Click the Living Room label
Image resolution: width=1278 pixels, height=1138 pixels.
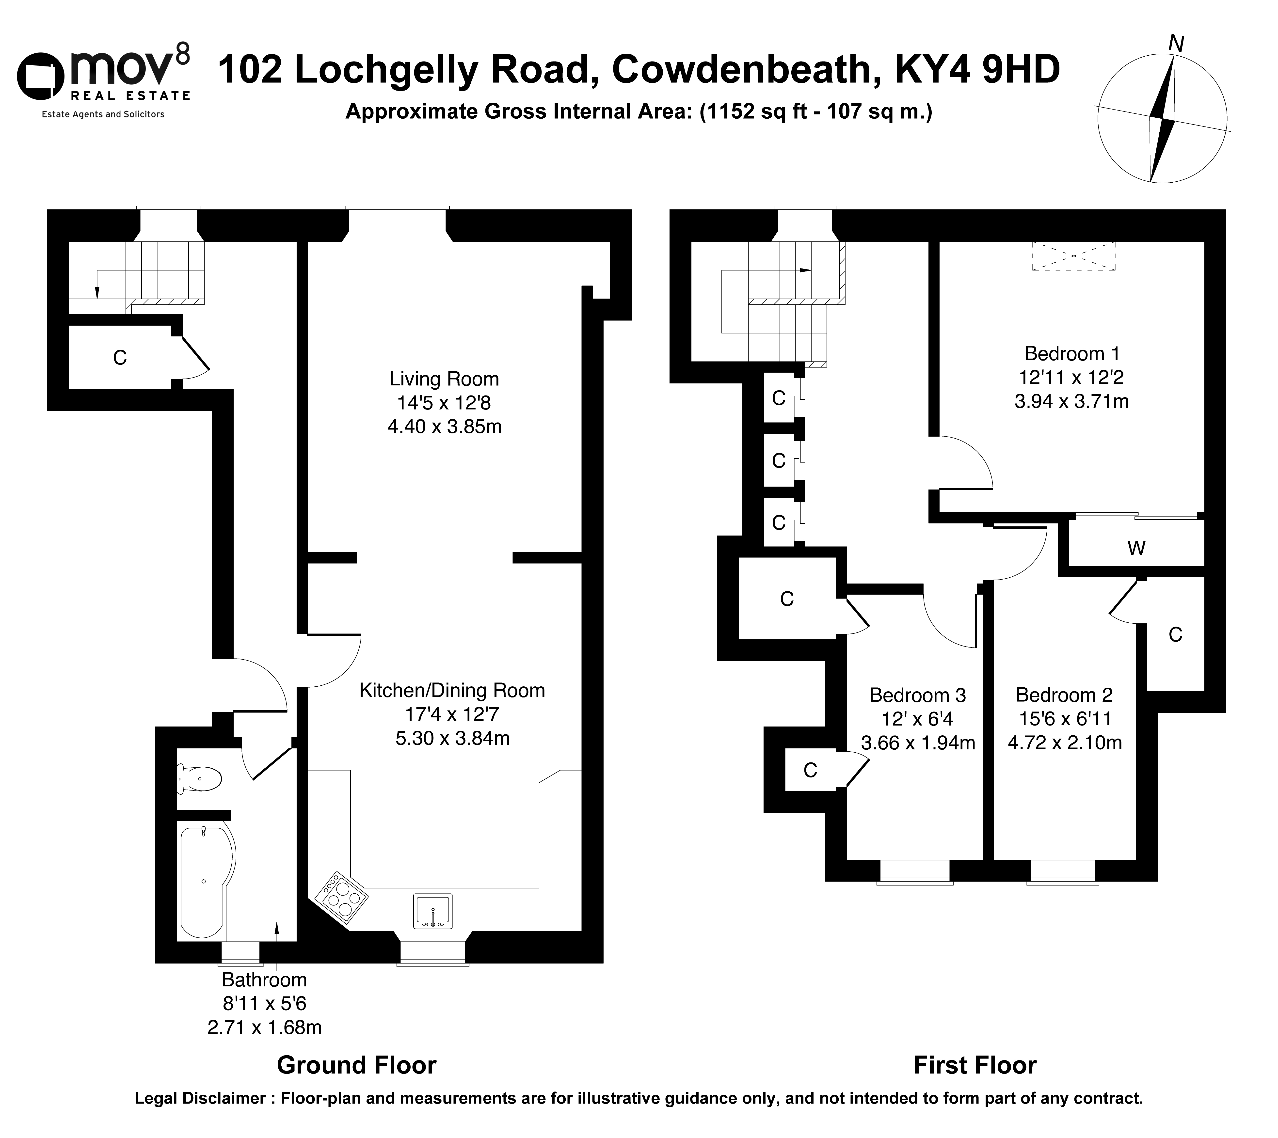pyautogui.click(x=444, y=379)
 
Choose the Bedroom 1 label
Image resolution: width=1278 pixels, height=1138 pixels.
pyautogui.click(x=1072, y=354)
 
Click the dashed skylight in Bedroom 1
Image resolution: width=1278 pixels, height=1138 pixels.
pyautogui.click(x=1073, y=256)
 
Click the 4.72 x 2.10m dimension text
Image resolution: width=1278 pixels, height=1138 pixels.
pyautogui.click(x=1065, y=743)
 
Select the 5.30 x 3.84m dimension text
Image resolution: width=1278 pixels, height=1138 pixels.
pyautogui.click(x=453, y=739)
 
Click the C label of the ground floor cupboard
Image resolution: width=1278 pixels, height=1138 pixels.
pyautogui.click(x=119, y=358)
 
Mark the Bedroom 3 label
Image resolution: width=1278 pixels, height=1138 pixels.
pyautogui.click(x=917, y=695)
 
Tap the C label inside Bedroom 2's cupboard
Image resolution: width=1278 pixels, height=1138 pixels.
pyautogui.click(x=1175, y=635)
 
